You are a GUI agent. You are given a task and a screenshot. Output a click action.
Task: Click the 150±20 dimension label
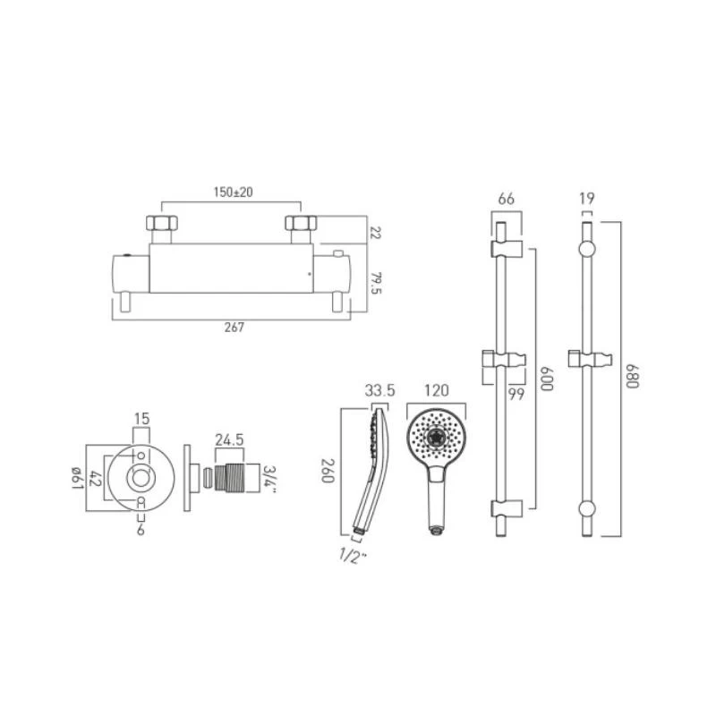pos(233,192)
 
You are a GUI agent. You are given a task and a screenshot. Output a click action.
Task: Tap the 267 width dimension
pos(234,328)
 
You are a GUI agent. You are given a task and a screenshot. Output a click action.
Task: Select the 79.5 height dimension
pos(376,283)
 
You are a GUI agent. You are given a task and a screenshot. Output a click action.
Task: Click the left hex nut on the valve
pos(162,223)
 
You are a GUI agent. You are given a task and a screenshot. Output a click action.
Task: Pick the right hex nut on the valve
pos(301,223)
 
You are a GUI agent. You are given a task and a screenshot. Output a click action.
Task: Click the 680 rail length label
pos(632,376)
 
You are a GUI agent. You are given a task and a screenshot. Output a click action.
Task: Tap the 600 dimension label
pos(547,379)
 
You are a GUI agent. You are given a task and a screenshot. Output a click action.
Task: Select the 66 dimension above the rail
pos(506,199)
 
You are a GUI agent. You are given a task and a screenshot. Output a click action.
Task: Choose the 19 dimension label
pos(587,199)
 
